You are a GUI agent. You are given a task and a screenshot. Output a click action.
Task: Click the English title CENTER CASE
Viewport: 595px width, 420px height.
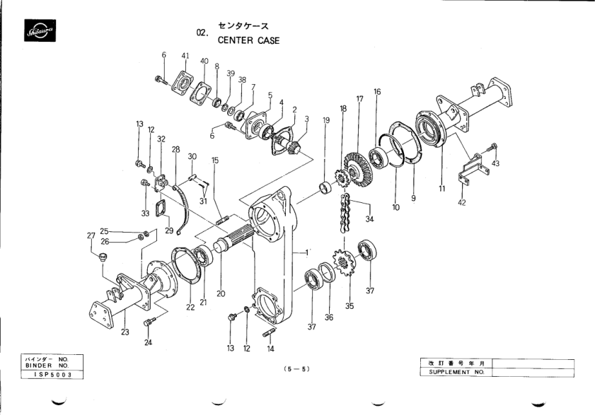pos(248,40)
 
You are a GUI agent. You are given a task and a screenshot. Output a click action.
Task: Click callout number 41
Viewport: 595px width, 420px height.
pos(185,55)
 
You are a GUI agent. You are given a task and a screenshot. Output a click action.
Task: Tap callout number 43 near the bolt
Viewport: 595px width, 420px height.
pos(495,163)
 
